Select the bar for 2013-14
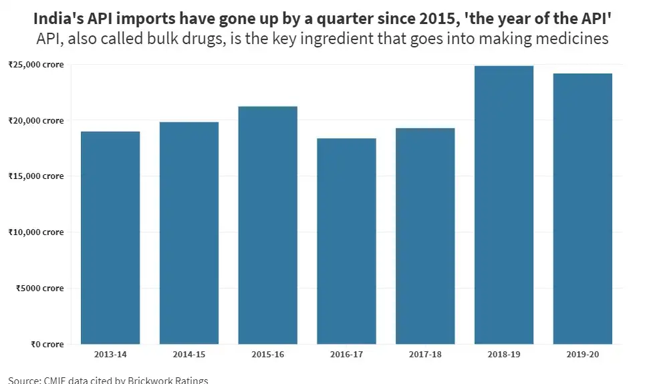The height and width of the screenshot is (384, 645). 110,238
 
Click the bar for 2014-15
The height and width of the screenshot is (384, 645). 189,233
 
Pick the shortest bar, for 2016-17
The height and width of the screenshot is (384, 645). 346,241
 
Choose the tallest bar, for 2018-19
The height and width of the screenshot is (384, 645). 504,205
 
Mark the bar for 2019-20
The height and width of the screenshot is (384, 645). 583,209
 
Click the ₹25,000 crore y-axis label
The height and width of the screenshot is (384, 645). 36,65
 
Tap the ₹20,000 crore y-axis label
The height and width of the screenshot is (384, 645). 36,121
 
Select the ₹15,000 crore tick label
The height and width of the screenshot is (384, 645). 36,176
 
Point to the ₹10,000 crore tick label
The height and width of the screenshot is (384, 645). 36,232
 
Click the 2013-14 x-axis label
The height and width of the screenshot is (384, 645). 110,354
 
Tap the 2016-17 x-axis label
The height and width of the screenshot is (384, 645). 346,354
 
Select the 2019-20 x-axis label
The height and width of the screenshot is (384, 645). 583,354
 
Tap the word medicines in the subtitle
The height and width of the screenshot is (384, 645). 573,39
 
